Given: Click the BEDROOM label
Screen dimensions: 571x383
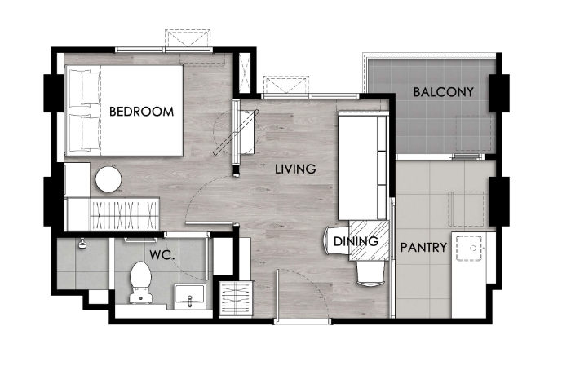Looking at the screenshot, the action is (141, 112).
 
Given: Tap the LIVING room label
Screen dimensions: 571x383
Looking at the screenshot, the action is (295, 169).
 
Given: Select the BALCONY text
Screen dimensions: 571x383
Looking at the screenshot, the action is (443, 92).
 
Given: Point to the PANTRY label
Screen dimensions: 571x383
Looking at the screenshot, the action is (423, 248).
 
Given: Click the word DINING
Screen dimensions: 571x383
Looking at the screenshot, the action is (356, 241).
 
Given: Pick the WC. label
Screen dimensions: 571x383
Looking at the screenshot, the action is (162, 255).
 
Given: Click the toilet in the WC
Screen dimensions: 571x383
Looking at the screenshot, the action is (140, 282).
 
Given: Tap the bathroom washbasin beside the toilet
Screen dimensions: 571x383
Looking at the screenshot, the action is (190, 296).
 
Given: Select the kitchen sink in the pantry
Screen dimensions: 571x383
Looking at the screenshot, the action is (469, 249).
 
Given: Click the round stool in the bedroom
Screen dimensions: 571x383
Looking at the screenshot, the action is (108, 179).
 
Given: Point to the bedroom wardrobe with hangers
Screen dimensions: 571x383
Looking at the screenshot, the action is (124, 214).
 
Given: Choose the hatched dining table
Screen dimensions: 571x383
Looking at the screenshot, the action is (369, 240).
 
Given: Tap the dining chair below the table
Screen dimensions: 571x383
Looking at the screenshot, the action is (370, 271).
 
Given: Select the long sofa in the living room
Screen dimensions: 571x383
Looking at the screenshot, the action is (363, 166).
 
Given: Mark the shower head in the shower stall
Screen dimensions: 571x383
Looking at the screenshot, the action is (82, 243).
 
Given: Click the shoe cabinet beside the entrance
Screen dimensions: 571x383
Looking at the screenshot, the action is (236, 298).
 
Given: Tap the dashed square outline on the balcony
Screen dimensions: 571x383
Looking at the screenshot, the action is (476, 134).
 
